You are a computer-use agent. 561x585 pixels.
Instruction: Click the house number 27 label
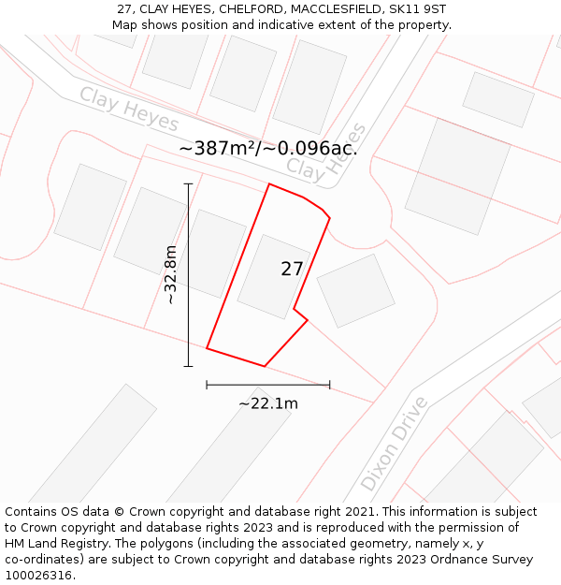click(x=292, y=270)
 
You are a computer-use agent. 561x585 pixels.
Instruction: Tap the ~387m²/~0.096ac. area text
click(x=267, y=149)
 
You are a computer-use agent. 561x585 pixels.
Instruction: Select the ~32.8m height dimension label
click(x=170, y=275)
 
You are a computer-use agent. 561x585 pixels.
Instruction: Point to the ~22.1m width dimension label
click(x=268, y=403)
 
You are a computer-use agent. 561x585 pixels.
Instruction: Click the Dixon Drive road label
click(x=395, y=444)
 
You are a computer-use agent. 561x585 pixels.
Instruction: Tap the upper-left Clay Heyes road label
click(x=129, y=110)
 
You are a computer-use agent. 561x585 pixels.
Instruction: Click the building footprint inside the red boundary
click(x=274, y=277)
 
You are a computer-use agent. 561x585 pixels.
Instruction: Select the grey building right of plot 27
click(x=355, y=290)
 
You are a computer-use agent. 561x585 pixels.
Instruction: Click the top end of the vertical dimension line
click(x=188, y=183)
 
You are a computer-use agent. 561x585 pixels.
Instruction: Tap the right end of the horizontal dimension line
click(x=330, y=384)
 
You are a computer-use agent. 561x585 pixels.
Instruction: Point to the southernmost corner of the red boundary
click(x=265, y=366)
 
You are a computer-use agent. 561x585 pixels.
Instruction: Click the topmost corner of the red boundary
click(x=269, y=183)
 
